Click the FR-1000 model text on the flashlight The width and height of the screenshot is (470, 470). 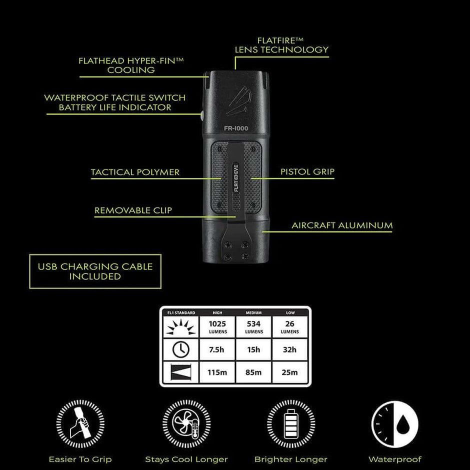pos(236,128)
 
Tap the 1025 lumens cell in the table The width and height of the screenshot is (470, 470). pos(218,326)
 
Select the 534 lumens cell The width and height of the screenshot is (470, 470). pos(254,326)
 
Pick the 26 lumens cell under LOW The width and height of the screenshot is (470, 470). pos(290,326)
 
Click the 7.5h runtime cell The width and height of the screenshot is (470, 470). pos(217,350)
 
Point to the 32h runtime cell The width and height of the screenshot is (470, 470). pos(290,350)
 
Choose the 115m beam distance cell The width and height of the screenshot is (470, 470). pos(217,372)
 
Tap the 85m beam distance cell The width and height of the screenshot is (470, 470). pos(254,372)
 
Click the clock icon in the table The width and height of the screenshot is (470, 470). pos(181,350)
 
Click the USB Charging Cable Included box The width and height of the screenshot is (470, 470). pos(95,271)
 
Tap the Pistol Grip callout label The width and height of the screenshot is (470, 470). pos(307,172)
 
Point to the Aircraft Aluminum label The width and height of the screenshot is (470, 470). pos(342,225)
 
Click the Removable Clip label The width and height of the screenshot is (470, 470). pos(133,210)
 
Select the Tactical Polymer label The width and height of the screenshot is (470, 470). pos(135,172)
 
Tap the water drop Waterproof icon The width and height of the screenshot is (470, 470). pos(395,423)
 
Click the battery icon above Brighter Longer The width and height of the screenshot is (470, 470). pos(291,423)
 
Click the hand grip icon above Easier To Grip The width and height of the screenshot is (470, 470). pos(80,423)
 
